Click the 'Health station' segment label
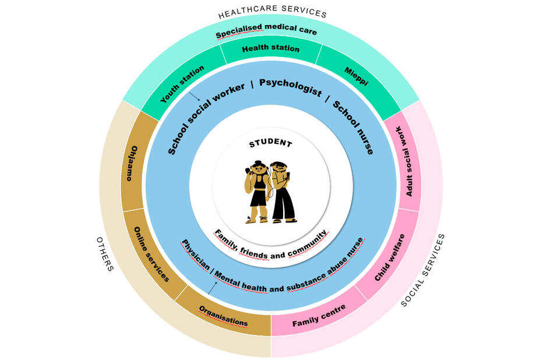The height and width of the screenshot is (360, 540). point(270,49)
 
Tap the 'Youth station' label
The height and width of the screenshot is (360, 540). point(182,84)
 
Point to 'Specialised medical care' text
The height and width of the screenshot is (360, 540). point(266,31)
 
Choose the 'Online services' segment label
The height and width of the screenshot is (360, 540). point(151,255)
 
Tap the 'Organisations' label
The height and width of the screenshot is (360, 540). point(223,316)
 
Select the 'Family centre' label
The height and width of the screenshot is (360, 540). point(319,315)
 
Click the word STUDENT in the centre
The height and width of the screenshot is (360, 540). point(271,143)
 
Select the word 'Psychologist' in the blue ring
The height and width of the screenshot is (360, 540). point(290,88)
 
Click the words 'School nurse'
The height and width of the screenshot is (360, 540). point(352,126)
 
